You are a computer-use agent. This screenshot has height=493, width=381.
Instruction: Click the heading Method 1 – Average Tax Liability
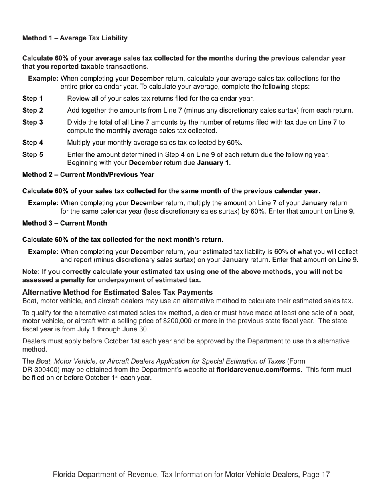coord(75,38)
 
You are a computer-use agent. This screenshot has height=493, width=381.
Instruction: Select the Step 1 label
coord(32,99)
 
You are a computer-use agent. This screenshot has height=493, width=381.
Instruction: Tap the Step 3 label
coord(32,123)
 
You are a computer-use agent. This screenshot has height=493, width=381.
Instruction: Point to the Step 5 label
coord(32,155)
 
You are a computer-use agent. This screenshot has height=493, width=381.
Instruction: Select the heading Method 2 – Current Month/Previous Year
coord(88,175)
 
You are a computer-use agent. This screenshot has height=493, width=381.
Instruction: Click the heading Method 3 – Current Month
coord(65,223)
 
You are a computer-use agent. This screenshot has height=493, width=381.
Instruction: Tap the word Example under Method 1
coord(43,79)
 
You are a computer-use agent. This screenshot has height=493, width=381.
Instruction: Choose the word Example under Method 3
coord(43,252)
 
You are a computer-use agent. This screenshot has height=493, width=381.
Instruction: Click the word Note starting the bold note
coord(30,272)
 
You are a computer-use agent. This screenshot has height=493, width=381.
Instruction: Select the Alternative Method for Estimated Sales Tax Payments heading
coord(118,292)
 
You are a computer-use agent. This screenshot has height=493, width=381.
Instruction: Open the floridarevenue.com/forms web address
coord(258,370)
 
